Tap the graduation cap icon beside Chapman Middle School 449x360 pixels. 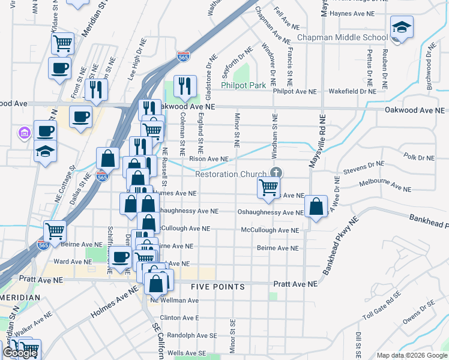coord(401,28)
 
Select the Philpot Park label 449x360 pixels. coord(243,86)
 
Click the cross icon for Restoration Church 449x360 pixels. coord(276,173)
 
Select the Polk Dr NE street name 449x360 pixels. coord(418,157)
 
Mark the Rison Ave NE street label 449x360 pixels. coord(209,159)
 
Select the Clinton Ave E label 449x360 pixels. coord(179,318)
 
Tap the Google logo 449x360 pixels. coord(20,353)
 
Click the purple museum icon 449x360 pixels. coord(23,131)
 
